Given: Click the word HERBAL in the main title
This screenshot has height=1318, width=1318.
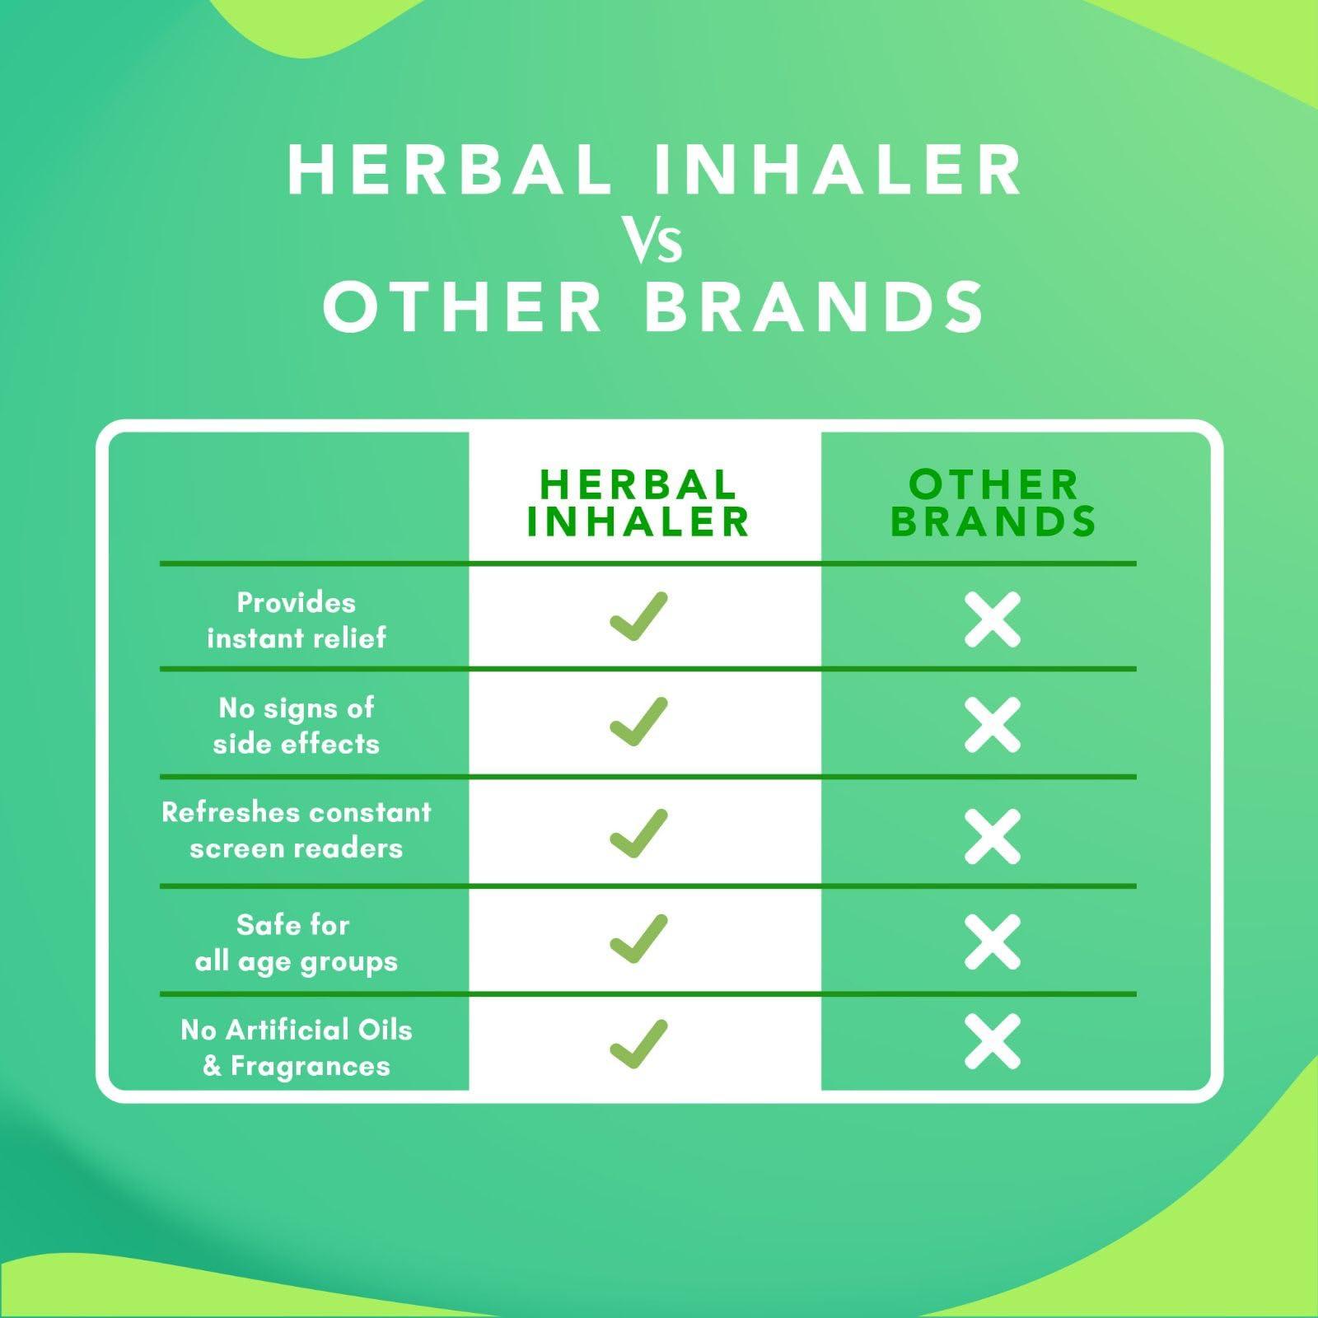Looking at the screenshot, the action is (450, 170).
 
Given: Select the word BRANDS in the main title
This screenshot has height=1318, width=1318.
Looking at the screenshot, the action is (814, 306).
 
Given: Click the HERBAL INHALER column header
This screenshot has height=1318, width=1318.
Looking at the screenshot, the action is (638, 502).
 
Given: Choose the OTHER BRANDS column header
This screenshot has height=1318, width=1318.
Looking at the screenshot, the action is (993, 502).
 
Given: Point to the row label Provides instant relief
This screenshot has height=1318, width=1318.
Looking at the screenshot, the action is (297, 620).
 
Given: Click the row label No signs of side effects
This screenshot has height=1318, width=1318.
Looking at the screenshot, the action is (297, 726).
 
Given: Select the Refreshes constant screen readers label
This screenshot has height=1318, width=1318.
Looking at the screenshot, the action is (297, 830).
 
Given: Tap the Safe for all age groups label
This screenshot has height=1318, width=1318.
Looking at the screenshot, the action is (297, 943).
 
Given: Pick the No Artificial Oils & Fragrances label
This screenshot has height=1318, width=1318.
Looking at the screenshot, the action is (297, 1048).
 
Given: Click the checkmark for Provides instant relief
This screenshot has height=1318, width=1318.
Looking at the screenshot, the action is (638, 616).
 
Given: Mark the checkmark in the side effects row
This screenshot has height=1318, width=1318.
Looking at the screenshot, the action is (638, 722).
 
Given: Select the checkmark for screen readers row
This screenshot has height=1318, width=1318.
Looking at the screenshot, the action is (638, 833).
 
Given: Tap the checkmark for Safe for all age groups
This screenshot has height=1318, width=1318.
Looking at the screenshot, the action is (638, 938).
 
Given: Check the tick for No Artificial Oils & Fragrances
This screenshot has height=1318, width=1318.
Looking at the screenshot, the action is (638, 1044).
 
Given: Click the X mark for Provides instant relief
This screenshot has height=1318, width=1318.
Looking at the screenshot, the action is (993, 619).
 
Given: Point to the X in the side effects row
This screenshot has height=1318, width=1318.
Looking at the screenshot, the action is (993, 725).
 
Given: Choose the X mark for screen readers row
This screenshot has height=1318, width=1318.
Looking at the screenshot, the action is (993, 837).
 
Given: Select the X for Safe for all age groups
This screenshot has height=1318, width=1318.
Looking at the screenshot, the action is (993, 942).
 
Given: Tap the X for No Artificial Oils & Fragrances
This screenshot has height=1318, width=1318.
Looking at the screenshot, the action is (993, 1042).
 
